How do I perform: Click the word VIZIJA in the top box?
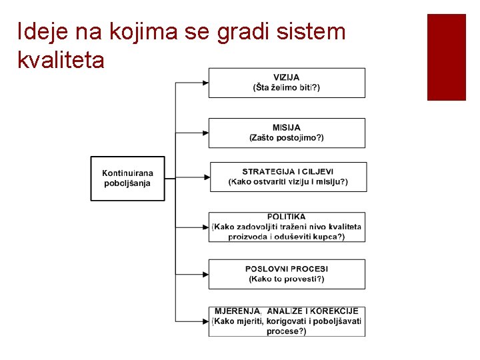tap(287, 77)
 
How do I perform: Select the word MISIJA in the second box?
tap(287, 127)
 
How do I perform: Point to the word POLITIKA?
tap(287, 217)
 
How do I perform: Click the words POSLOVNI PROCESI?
tap(287, 269)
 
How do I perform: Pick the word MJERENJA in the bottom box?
tap(238, 311)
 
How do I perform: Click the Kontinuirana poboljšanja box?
tap(127, 178)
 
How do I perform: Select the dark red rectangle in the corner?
tap(446, 57)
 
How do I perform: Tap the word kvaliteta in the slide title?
tap(61, 61)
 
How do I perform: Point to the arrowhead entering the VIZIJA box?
tap(205, 83)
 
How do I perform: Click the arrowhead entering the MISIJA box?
tap(205, 133)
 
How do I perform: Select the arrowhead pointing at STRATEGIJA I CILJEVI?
tap(206, 177)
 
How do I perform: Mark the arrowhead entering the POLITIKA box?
tap(205, 227)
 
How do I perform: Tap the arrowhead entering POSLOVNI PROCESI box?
tap(205, 274)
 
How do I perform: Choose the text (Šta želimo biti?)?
tap(287, 87)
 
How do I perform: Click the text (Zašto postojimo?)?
tap(287, 137)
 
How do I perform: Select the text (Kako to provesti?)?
tap(287, 279)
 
